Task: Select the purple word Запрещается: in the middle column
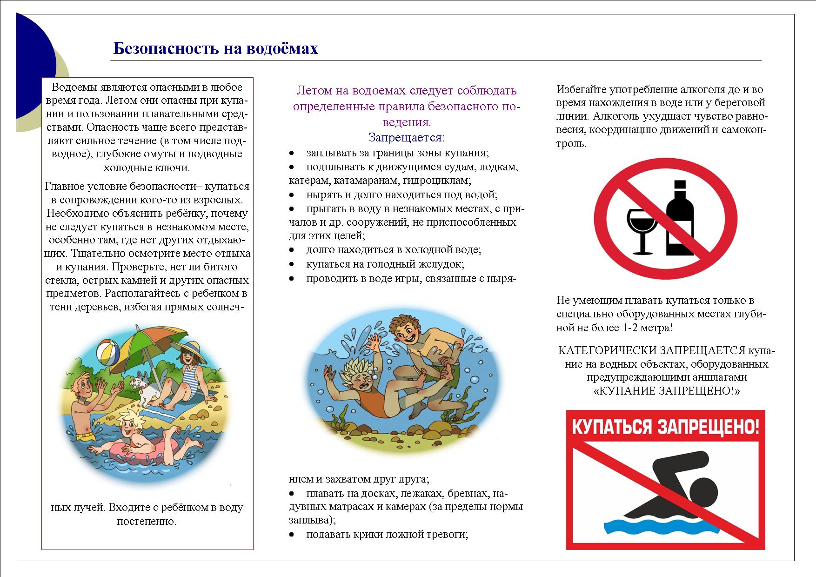(406, 138)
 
